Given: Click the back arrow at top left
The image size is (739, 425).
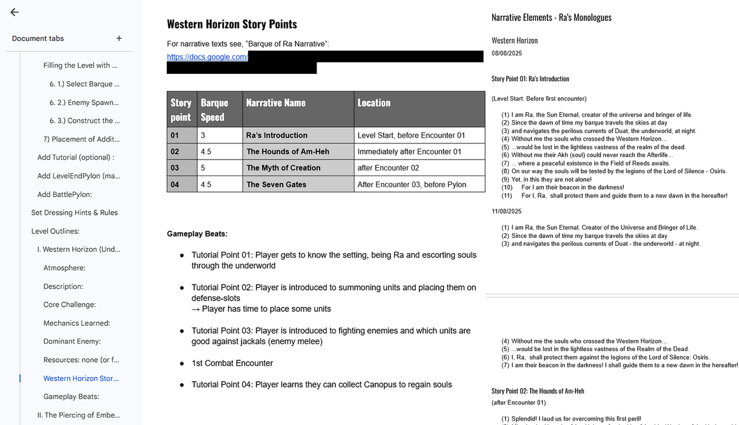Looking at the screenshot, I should pyautogui.click(x=14, y=12).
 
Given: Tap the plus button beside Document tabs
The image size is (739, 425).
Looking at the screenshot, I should pyautogui.click(x=119, y=38).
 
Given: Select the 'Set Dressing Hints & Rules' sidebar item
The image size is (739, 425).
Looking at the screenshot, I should pyautogui.click(x=75, y=212).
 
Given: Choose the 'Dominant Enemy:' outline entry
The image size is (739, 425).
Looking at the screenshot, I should pyautogui.click(x=72, y=341).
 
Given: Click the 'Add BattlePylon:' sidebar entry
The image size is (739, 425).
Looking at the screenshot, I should pyautogui.click(x=65, y=194).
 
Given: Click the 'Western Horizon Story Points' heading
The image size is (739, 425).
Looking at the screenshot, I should pyautogui.click(x=232, y=25).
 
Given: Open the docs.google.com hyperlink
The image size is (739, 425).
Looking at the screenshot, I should pyautogui.click(x=207, y=57).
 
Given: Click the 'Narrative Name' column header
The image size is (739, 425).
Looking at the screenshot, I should pyautogui.click(x=275, y=103).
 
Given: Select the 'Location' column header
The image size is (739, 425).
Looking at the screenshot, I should pyautogui.click(x=374, y=103).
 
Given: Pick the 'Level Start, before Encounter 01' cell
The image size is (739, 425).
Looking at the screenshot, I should pyautogui.click(x=411, y=136).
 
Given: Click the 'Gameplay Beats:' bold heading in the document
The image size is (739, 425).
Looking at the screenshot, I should pyautogui.click(x=197, y=234).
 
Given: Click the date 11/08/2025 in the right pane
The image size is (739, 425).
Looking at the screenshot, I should pyautogui.click(x=506, y=211).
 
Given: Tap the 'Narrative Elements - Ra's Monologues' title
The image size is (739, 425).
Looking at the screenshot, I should pyautogui.click(x=551, y=18).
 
